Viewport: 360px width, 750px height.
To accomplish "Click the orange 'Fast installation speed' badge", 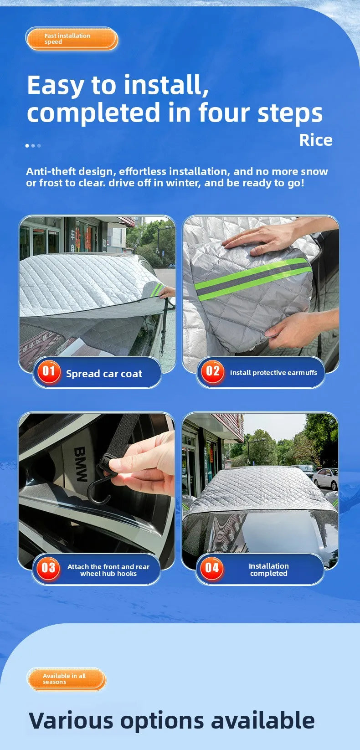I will (72, 39).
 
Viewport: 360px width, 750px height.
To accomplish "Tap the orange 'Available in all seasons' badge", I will (67, 679).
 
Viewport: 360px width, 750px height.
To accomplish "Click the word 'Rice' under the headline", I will (315, 140).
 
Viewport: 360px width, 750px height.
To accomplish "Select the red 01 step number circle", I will (49, 371).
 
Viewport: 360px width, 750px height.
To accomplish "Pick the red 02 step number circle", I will (212, 371).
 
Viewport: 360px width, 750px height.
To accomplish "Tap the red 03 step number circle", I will (48, 568).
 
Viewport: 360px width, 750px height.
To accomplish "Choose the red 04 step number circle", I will (212, 568).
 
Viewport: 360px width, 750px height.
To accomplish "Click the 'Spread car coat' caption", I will (104, 374).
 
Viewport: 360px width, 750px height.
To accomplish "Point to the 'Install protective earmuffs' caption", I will (273, 373).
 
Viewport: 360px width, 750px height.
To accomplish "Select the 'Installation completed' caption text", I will (268, 570).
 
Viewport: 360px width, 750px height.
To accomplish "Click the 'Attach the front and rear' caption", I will (108, 567).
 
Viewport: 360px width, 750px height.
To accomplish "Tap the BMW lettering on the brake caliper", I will (81, 464).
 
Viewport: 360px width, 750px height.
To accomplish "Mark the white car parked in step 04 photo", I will (325, 478).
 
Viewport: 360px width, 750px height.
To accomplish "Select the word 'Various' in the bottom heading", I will (71, 721).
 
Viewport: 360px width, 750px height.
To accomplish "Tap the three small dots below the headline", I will (33, 146).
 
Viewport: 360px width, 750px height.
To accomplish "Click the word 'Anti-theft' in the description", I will (51, 171).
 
